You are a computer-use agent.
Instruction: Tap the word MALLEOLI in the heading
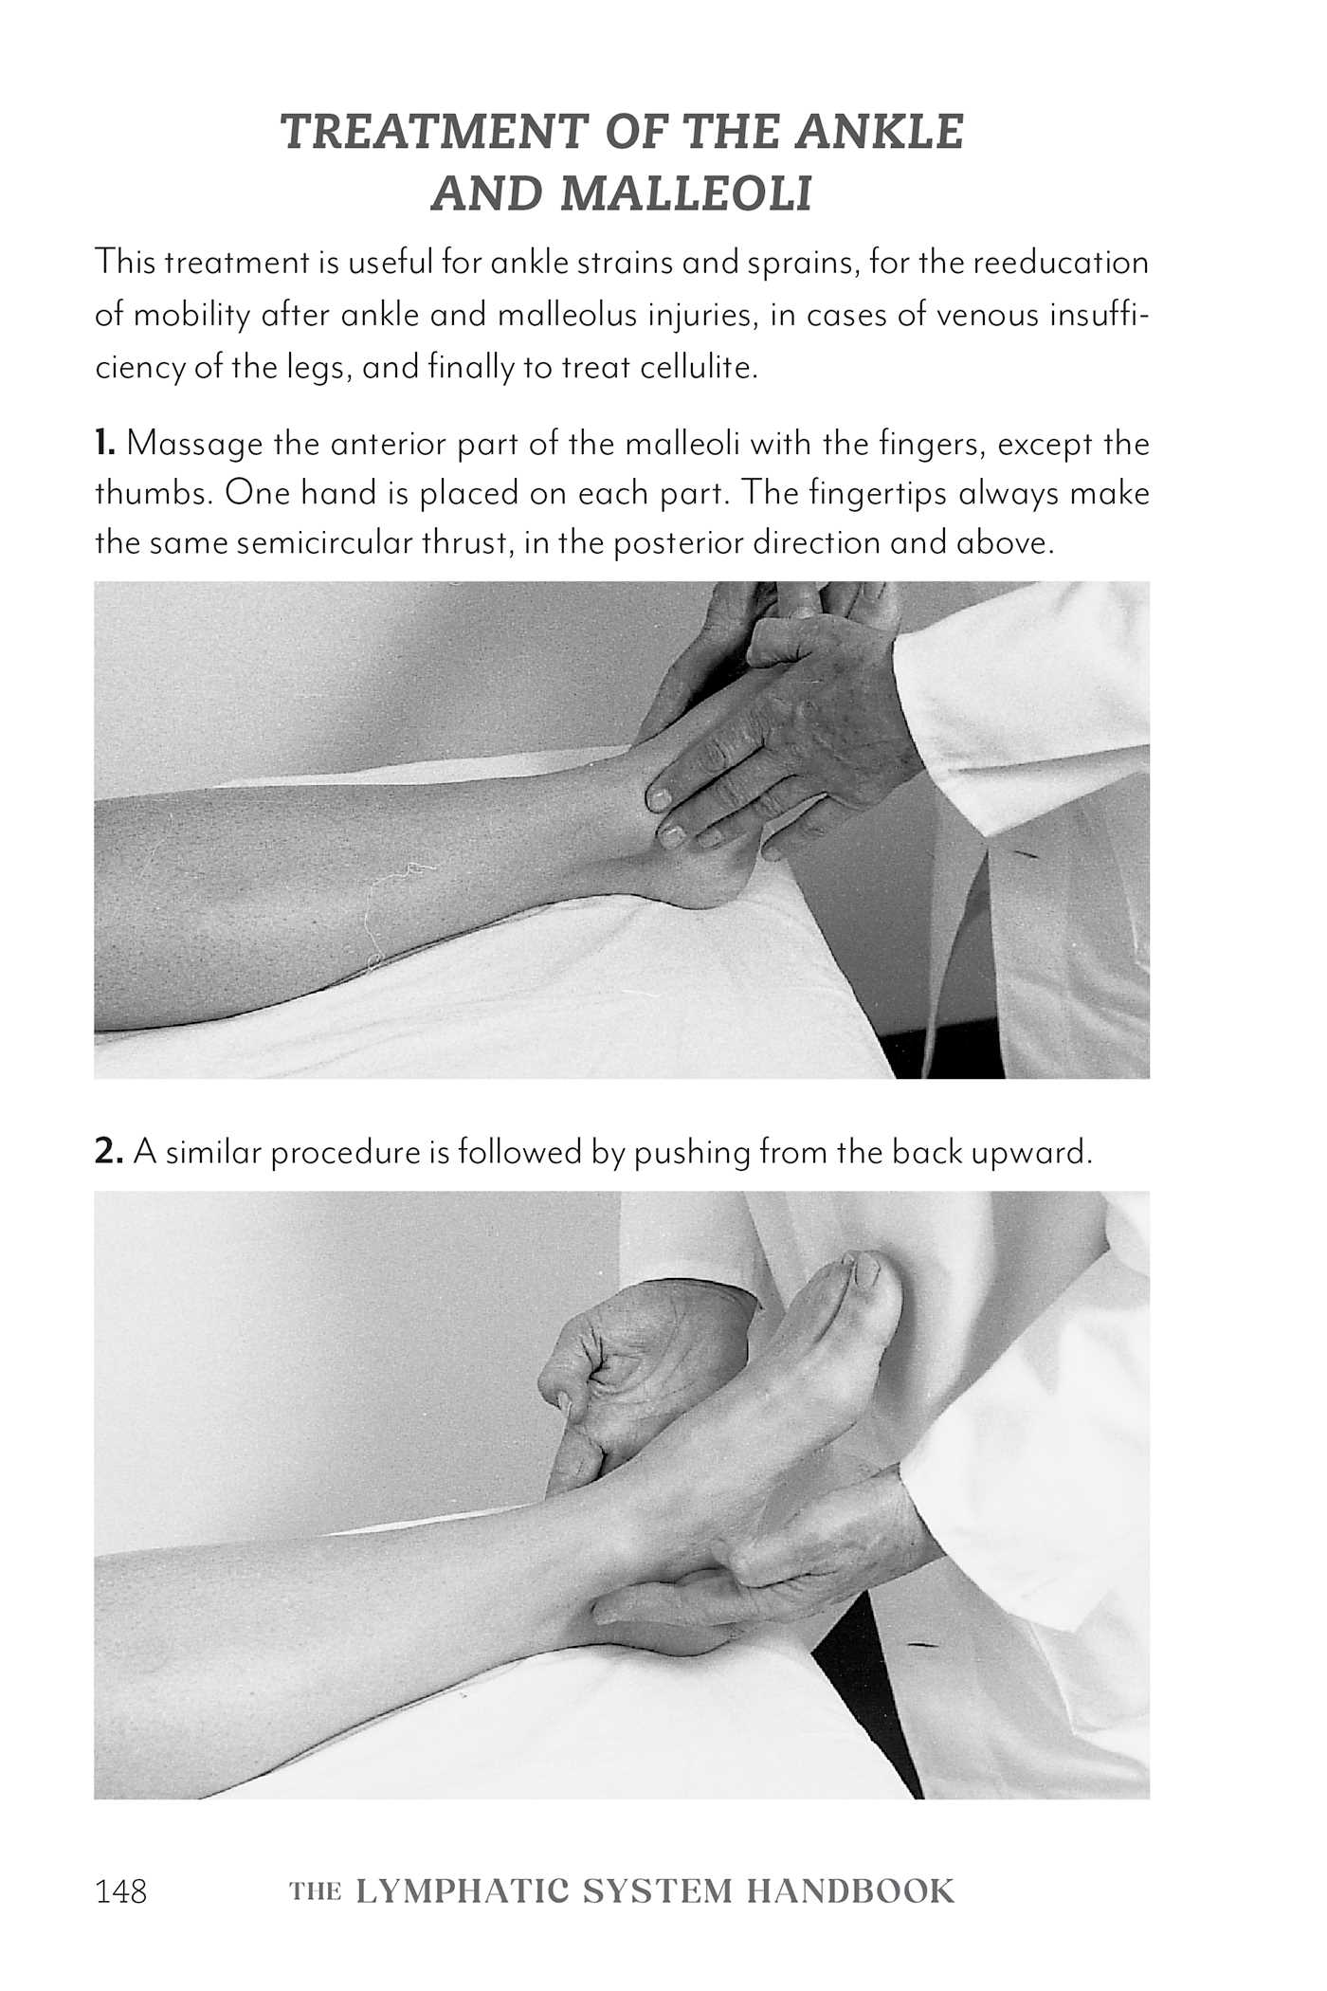click(687, 193)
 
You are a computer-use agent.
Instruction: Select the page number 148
click(121, 1865)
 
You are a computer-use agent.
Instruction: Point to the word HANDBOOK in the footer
click(850, 1865)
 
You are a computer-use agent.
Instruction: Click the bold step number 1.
click(104, 443)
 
